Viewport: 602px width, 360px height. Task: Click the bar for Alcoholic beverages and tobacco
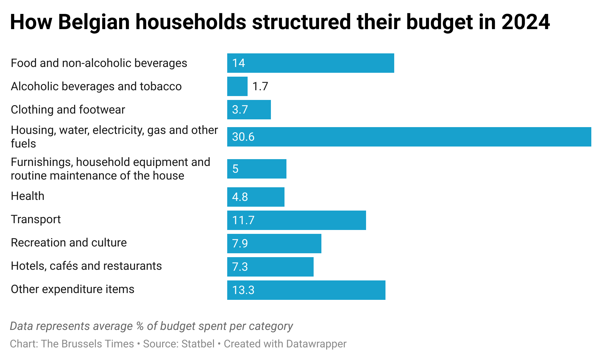coord(237,86)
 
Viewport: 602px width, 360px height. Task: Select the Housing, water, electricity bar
coord(409,137)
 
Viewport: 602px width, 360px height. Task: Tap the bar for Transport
coord(296,220)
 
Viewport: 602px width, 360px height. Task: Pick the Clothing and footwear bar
coord(249,110)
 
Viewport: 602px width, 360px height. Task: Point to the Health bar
coord(256,197)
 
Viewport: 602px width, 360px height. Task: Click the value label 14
coord(239,63)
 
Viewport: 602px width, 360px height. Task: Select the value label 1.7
coord(260,86)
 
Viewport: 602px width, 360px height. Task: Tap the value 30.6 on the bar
coord(243,137)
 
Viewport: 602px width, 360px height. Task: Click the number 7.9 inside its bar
coord(240,244)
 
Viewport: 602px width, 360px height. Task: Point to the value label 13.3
coord(243,290)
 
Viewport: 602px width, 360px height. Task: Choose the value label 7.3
coord(240,267)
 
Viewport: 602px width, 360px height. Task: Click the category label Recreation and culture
coord(69,243)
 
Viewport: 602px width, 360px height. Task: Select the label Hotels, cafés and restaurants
coord(86,266)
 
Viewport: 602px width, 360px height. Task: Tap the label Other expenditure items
coord(72,289)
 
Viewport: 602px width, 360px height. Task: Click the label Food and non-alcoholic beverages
coord(99,63)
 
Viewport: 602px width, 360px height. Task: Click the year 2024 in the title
coord(526,22)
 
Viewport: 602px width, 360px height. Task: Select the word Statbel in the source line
coord(198,344)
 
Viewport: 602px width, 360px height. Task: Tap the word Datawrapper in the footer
coord(316,344)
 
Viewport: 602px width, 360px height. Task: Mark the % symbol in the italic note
coord(140,326)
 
